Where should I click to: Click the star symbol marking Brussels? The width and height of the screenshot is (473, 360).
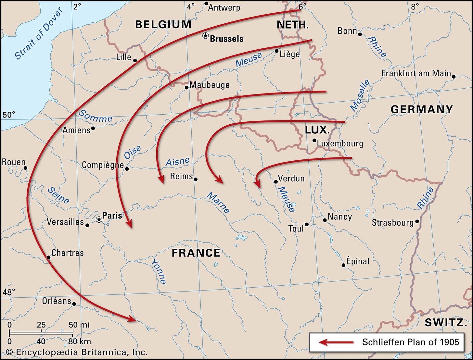pos(205,36)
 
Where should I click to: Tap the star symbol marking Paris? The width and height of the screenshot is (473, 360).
pos(99,220)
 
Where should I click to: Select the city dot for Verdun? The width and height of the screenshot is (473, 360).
pos(276,182)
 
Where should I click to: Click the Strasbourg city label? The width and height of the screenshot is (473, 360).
pos(392,223)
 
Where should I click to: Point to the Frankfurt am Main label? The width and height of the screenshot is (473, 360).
pos(416,73)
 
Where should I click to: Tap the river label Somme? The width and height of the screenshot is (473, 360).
pos(96,117)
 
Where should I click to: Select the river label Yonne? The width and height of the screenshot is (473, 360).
pos(159,271)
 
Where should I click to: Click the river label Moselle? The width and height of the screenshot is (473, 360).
pos(360,95)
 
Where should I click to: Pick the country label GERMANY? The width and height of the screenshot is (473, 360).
pos(422,109)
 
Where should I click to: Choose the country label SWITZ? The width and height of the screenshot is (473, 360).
pos(444,322)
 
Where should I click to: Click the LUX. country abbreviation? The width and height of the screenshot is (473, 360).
pos(317,130)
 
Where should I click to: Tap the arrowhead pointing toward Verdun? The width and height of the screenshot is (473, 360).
pos(258,184)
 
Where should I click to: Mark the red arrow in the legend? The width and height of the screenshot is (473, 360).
pos(336,342)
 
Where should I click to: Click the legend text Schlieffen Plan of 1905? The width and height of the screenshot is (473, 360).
pos(411,342)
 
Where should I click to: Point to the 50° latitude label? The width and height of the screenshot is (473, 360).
pos(9,115)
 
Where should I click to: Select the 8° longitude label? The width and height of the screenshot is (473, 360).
pos(415,6)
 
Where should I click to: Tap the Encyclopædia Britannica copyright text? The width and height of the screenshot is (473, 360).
pos(77,352)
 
